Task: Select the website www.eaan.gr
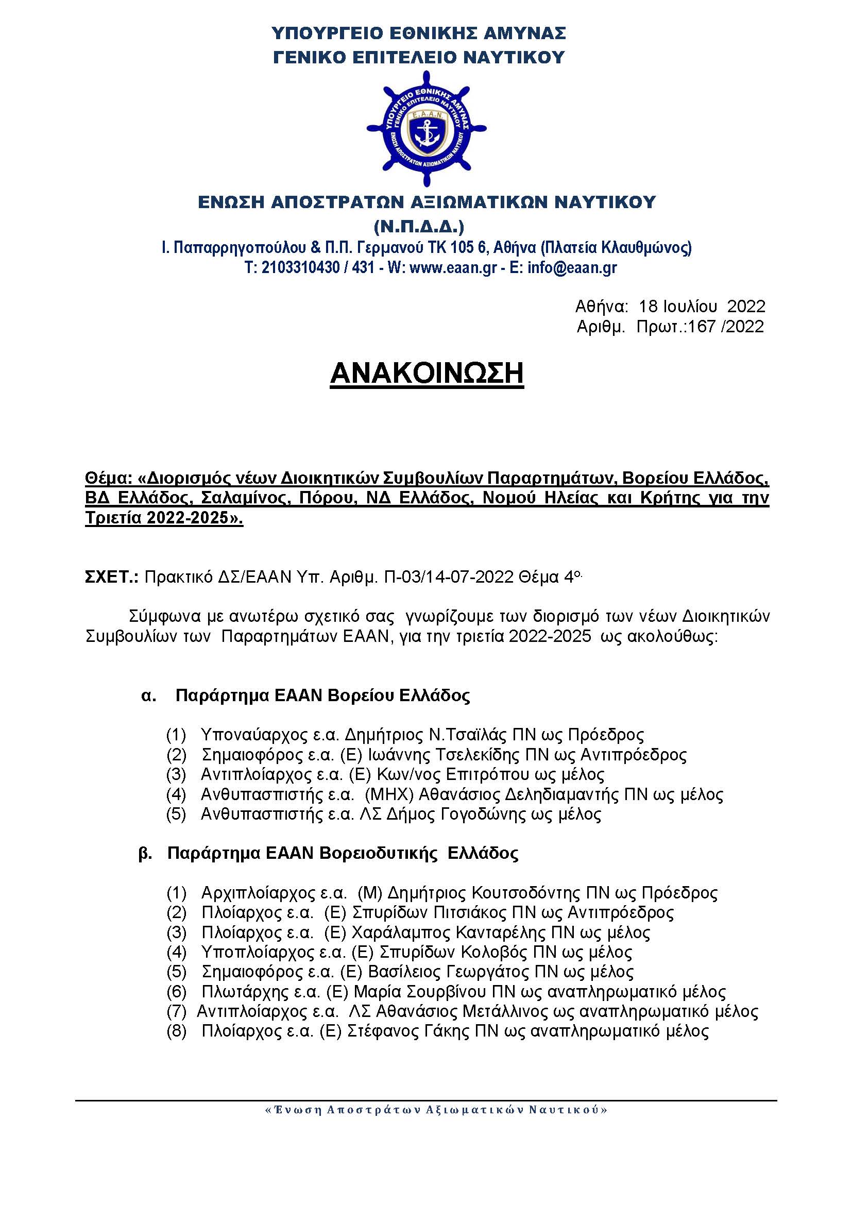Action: [452, 268]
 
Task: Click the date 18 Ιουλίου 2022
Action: [702, 306]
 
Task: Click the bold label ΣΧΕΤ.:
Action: [111, 577]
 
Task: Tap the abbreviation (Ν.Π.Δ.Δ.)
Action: [419, 227]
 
